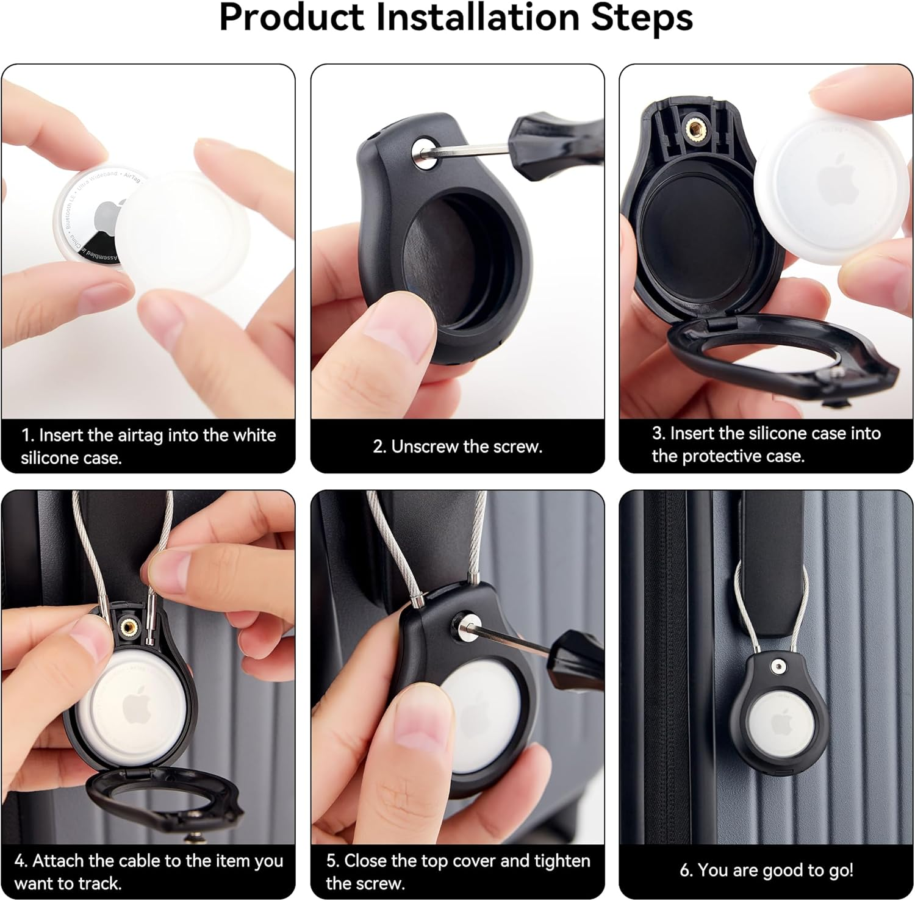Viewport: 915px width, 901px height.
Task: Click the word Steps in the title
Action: pos(642,18)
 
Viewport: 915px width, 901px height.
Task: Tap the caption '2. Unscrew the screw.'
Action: pos(457,447)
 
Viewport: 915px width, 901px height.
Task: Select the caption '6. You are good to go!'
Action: pos(766,870)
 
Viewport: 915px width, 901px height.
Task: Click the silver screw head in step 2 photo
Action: pos(422,148)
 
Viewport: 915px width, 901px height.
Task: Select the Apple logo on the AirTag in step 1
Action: pos(105,214)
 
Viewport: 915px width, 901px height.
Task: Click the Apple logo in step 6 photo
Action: pos(781,723)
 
